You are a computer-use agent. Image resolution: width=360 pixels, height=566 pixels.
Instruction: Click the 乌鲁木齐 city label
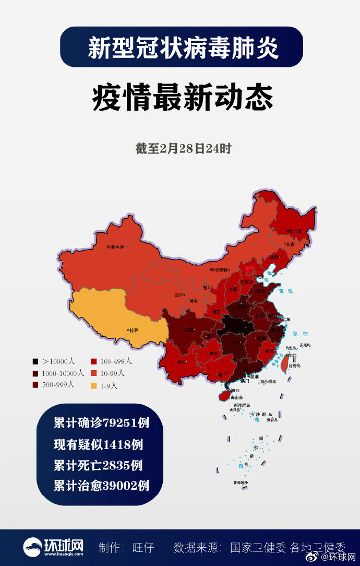(x=116, y=247)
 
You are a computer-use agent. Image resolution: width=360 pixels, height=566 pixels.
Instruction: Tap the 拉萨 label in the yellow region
(x=134, y=330)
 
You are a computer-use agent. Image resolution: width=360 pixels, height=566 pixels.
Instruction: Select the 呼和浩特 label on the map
(x=219, y=269)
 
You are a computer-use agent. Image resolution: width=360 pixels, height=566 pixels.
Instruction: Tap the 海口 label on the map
(x=235, y=390)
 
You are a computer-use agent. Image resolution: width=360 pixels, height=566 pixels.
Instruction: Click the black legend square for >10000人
(x=35, y=361)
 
